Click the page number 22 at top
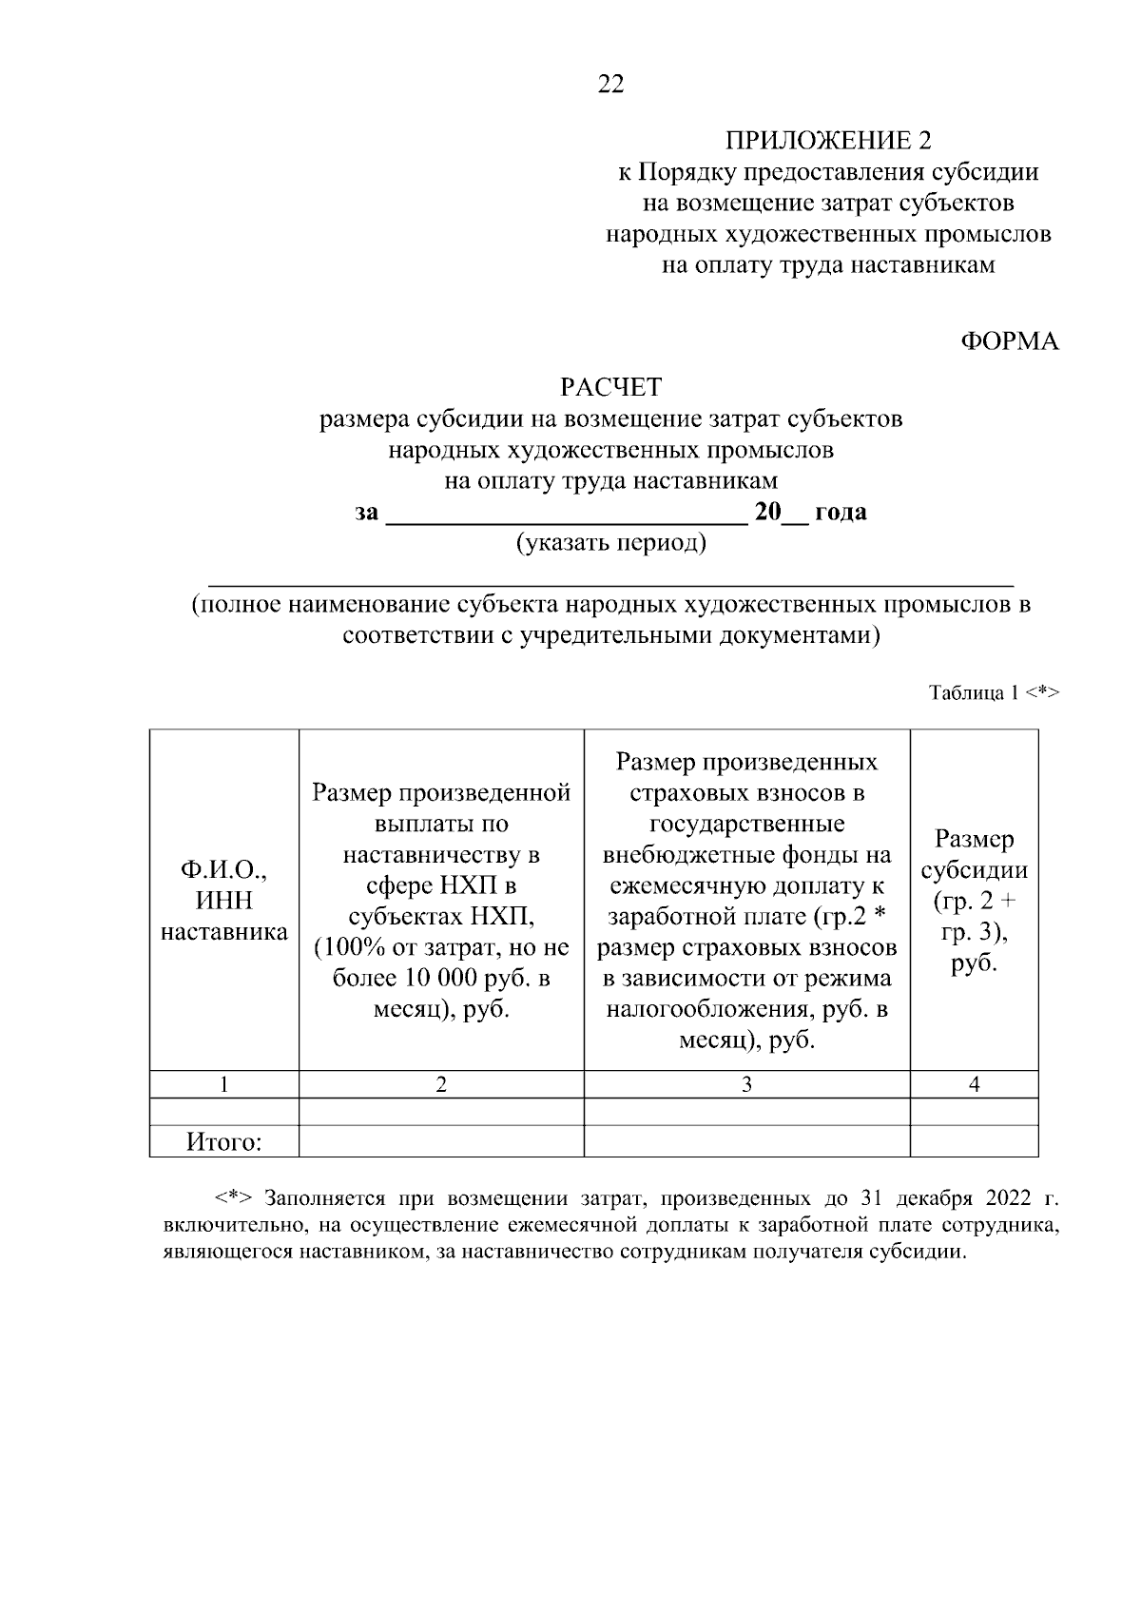tap(610, 85)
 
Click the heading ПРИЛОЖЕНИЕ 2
tap(828, 142)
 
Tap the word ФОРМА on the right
tap(1009, 341)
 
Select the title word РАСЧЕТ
tap(610, 387)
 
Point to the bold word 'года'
tap(841, 513)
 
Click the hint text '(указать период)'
tap(610, 543)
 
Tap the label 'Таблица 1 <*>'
tap(993, 692)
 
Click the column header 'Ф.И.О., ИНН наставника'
tap(224, 901)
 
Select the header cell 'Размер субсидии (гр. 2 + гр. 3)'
tap(974, 901)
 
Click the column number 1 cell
tap(224, 1084)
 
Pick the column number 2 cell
tap(441, 1084)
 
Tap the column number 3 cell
tap(746, 1084)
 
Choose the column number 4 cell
tap(974, 1084)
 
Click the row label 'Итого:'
tap(224, 1141)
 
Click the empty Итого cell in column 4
tap(974, 1141)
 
